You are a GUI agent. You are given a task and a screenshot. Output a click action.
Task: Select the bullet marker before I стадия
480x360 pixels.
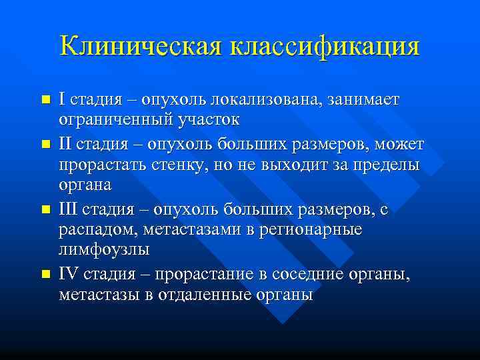45,100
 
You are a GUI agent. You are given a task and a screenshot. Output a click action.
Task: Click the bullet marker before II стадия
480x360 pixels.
45,144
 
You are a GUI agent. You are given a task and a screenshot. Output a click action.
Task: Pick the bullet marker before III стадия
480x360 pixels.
45,209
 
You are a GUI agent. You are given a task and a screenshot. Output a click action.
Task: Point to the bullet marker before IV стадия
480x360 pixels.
45,274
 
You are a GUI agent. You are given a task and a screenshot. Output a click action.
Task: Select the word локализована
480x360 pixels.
267,100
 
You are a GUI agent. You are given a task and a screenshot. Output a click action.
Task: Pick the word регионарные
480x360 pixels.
313,230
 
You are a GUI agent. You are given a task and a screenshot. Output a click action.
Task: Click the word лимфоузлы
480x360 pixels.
104,250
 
